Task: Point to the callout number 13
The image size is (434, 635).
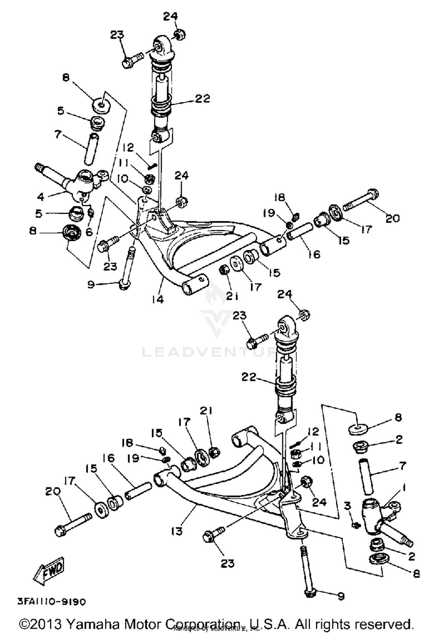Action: (177, 531)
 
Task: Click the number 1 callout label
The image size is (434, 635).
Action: (404, 488)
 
